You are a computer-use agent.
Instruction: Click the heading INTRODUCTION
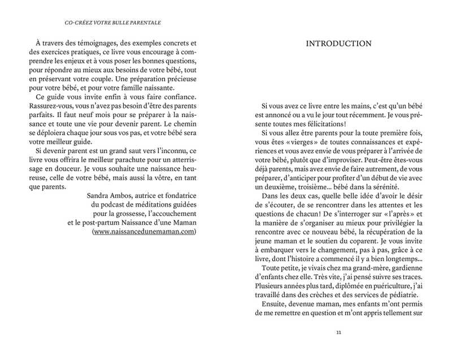pos(338,44)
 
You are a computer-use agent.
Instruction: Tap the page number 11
pos(338,332)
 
